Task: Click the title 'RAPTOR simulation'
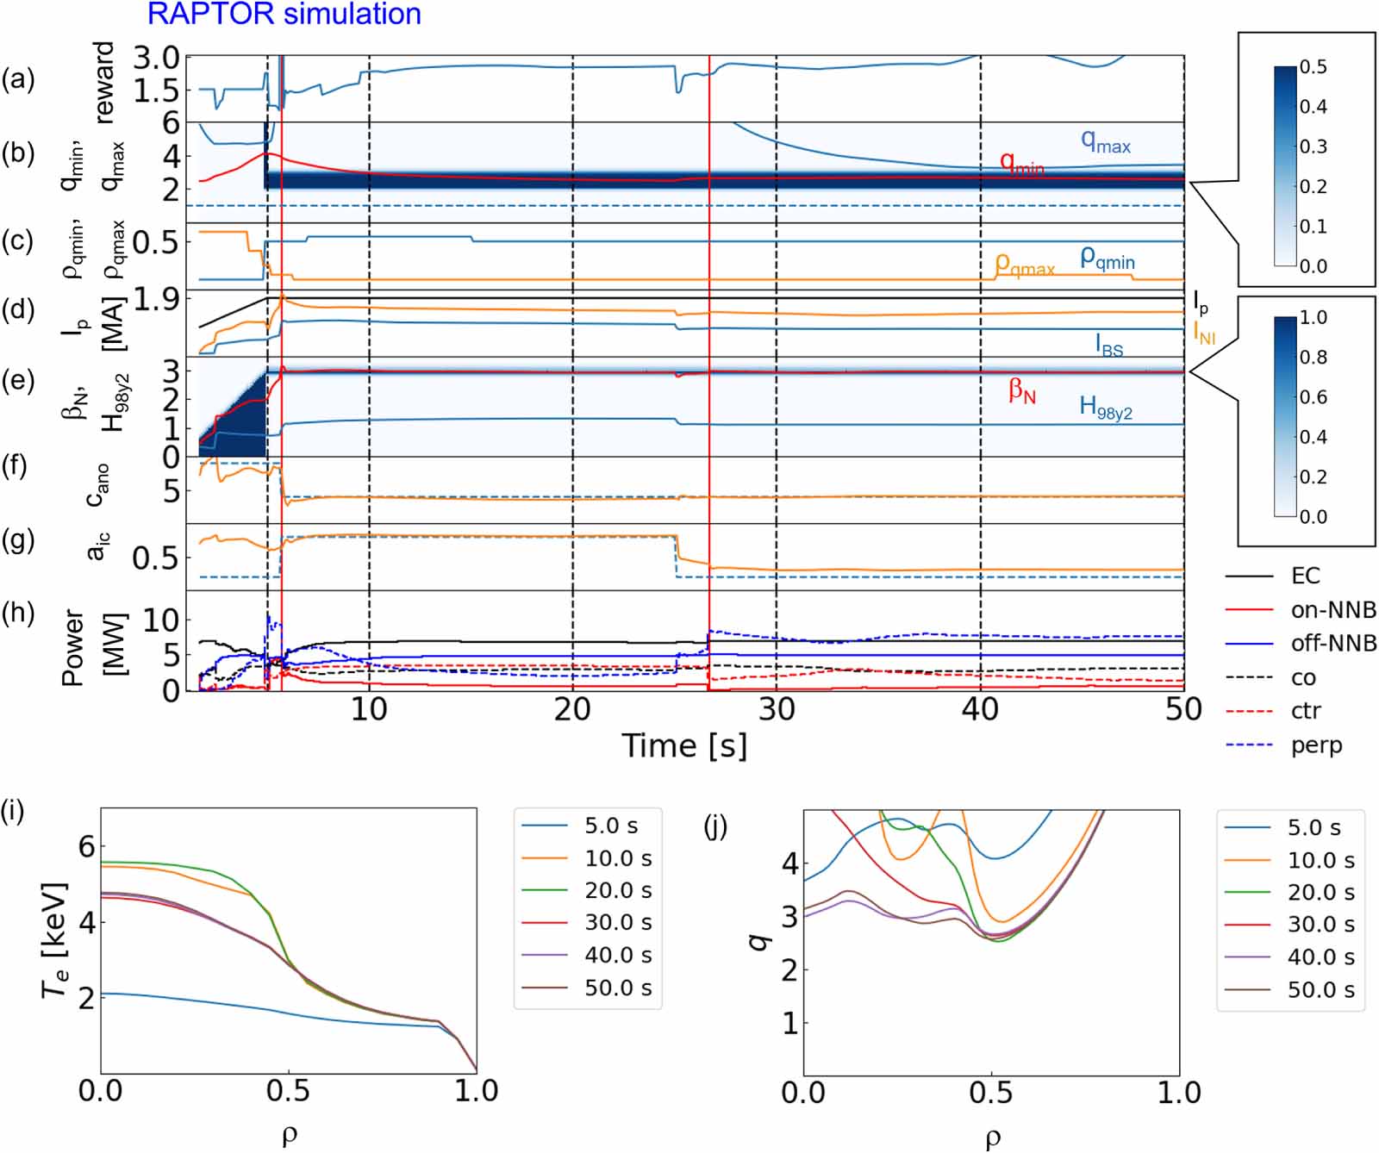coord(284,14)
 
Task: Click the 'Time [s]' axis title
coord(684,745)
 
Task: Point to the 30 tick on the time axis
coord(776,709)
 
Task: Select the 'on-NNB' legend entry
coord(1332,610)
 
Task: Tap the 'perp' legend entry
coord(1316,745)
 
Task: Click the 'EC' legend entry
coord(1305,576)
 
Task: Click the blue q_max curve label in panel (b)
coord(1106,142)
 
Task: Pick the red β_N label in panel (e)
coord(1022,391)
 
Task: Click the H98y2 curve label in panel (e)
coord(1106,407)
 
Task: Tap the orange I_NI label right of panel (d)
coord(1204,332)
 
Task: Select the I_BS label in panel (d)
coord(1109,346)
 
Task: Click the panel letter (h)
coord(18,614)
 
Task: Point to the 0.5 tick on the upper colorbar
coord(1313,67)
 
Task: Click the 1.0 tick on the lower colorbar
coord(1313,317)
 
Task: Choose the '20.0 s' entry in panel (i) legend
coord(618,890)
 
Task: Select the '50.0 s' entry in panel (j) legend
coord(1320,990)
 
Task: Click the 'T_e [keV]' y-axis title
coord(54,940)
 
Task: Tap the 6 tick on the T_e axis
coord(86,846)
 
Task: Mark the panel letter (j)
coord(714,826)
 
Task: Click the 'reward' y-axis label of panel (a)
coord(103,83)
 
